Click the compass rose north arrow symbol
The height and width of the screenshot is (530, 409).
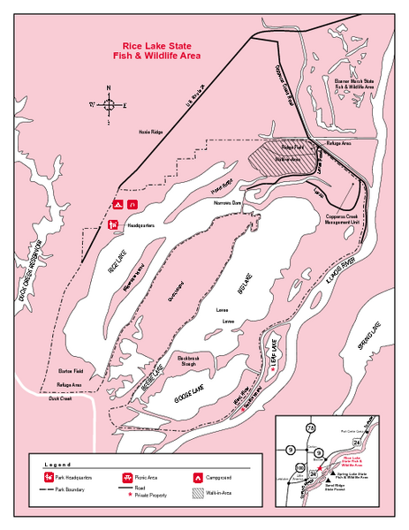(x=109, y=104)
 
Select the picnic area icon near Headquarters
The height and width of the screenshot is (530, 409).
(x=132, y=204)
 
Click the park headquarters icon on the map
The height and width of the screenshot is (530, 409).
(x=114, y=224)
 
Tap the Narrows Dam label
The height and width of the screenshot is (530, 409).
(x=228, y=202)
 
